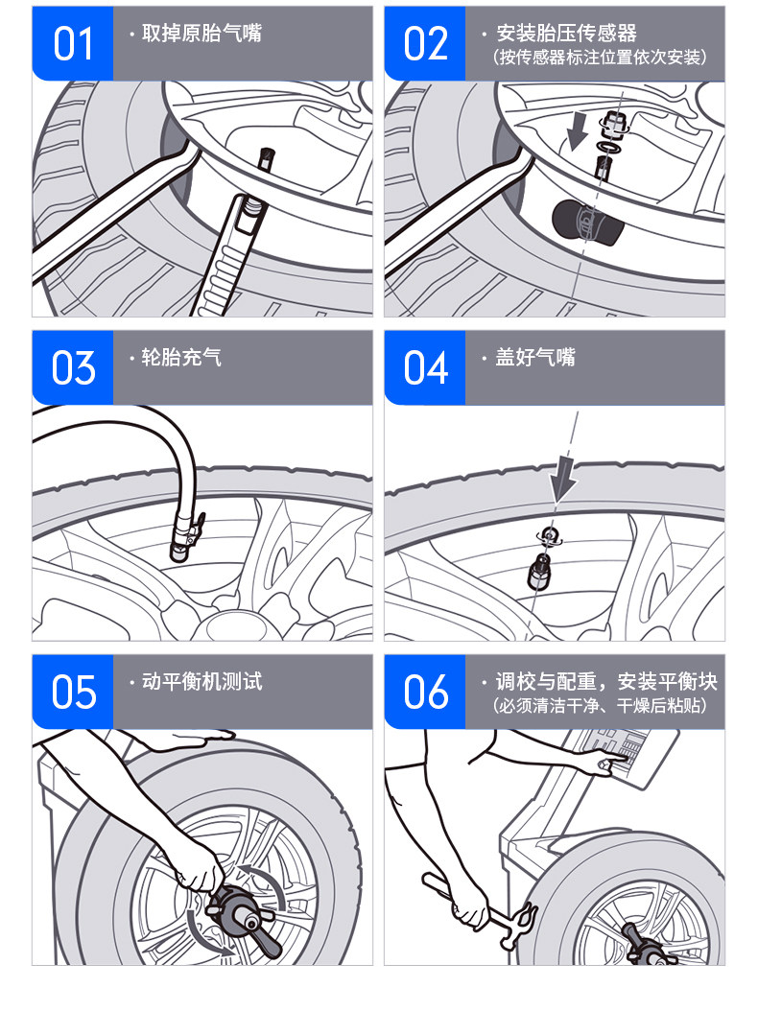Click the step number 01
click(x=73, y=44)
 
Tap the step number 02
click(x=425, y=44)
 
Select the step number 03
click(x=73, y=368)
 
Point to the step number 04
click(x=425, y=368)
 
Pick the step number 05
click(x=73, y=693)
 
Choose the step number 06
click(x=425, y=693)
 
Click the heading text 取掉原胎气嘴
click(x=201, y=33)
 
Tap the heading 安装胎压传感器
click(x=566, y=33)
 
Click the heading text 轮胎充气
click(x=181, y=357)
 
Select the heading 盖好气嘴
click(x=534, y=357)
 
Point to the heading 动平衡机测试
click(x=201, y=682)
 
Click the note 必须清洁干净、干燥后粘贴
click(x=600, y=705)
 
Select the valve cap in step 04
click(x=539, y=572)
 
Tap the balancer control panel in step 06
click(x=626, y=758)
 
